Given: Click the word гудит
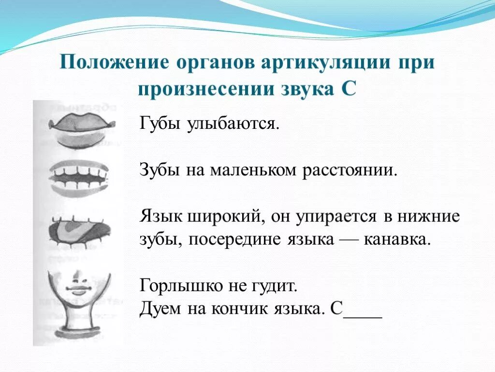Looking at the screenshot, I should tap(276, 286).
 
